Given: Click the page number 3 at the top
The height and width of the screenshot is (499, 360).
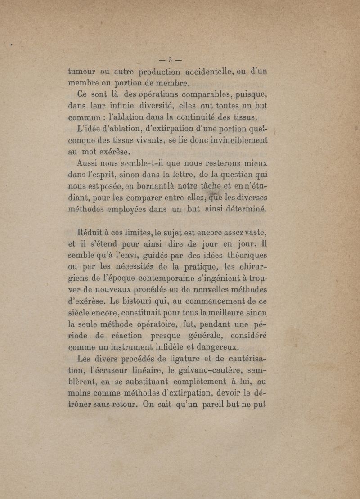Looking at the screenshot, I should tap(171, 59).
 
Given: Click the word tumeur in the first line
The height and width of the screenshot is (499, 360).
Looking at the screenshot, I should tap(82, 71).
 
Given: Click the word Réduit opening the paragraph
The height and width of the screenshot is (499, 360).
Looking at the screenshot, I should tap(92, 233).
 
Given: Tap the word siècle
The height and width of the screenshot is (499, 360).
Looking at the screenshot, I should tap(80, 313).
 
